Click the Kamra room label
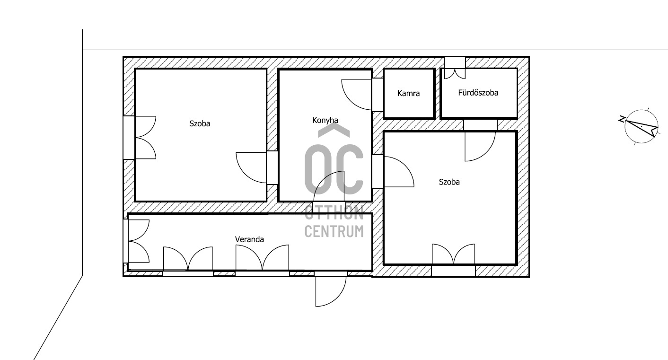pos(408,93)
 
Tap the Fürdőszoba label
pos(478,93)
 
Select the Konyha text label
pos(325,120)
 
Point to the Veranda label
pos(249,239)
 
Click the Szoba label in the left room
pos(200,123)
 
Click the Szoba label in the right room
pos(449,182)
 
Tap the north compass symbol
pos(640,126)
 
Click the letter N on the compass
pos(622,119)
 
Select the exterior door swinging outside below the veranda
pos(331,291)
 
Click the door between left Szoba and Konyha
pos(251,167)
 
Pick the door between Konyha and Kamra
pos(357,94)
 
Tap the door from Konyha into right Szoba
pos(399,172)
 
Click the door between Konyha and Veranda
pos(329,186)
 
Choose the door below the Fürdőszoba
pos(480,147)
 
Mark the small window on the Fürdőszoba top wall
pos(455,68)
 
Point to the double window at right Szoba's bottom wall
pos(453,260)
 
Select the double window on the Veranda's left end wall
pos(137,241)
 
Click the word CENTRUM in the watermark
pos(334,231)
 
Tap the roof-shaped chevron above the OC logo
pos(334,131)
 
